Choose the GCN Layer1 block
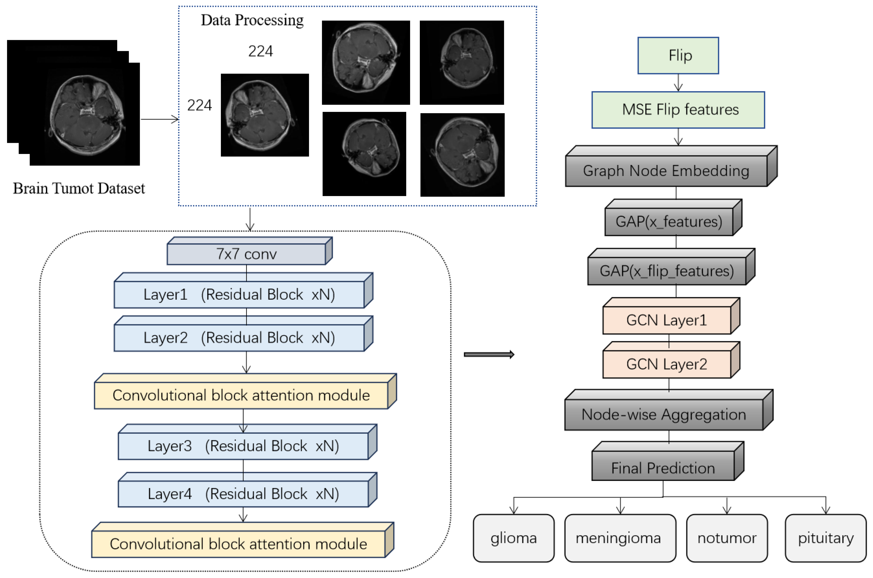[x=666, y=320]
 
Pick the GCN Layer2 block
[x=666, y=364]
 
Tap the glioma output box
[x=513, y=538]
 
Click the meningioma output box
[x=620, y=538]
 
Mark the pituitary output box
[x=826, y=538]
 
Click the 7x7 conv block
[x=246, y=254]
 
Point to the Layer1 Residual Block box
[x=239, y=295]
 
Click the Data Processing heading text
[x=252, y=20]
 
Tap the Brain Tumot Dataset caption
[x=79, y=188]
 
